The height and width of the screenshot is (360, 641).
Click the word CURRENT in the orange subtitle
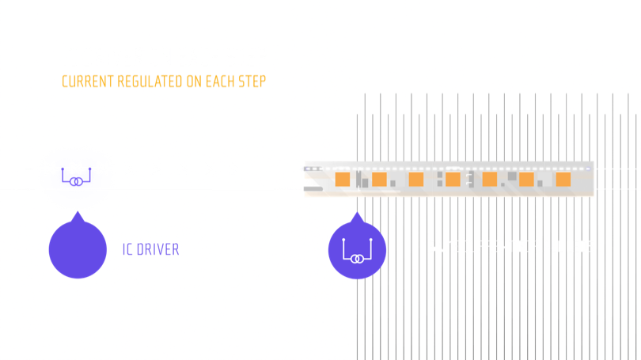pos(88,81)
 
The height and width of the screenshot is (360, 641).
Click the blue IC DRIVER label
pos(150,249)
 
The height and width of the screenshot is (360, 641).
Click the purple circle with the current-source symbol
pos(357,249)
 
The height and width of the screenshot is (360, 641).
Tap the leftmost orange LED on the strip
pos(343,180)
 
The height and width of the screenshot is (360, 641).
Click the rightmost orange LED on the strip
pos(563,180)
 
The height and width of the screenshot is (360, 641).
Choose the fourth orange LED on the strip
pos(453,180)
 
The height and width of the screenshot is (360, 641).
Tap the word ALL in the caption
pos(552,247)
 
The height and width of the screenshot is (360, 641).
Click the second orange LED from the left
pos(379,180)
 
